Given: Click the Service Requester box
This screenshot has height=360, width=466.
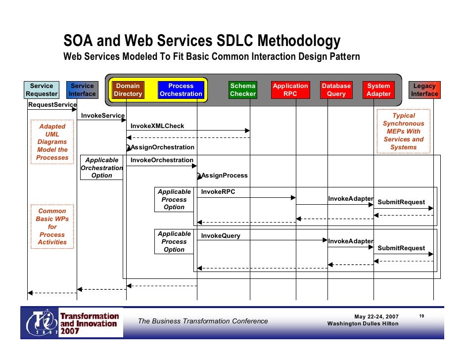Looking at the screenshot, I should [42, 90].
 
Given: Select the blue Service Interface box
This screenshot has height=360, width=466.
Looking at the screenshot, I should [82, 90].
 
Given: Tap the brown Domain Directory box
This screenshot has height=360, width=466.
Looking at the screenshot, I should [128, 90].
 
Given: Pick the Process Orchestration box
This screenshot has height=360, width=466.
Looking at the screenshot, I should [181, 90].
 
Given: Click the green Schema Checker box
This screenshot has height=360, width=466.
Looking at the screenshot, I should [243, 90].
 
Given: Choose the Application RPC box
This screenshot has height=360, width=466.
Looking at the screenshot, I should [290, 90].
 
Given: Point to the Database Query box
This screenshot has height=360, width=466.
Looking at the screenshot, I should [336, 90].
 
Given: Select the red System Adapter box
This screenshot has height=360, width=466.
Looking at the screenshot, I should [379, 90].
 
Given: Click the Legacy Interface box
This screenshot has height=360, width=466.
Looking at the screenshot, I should [424, 90].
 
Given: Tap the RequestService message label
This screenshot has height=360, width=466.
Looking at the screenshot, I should [52, 105].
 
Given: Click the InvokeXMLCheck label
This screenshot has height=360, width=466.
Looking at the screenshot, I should [157, 126].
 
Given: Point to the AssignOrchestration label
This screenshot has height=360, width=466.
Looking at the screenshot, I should [162, 147].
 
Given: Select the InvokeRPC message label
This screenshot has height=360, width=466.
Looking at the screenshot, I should [218, 192].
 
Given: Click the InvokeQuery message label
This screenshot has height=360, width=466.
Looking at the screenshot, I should [221, 236].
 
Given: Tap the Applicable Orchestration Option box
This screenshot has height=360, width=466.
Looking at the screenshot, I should [102, 168].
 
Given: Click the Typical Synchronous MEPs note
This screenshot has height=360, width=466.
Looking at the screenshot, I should [404, 132].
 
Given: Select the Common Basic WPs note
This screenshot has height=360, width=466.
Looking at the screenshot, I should [52, 226].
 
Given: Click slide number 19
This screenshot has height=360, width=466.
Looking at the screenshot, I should [422, 315].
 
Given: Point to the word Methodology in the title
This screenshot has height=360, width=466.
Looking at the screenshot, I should [299, 41].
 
